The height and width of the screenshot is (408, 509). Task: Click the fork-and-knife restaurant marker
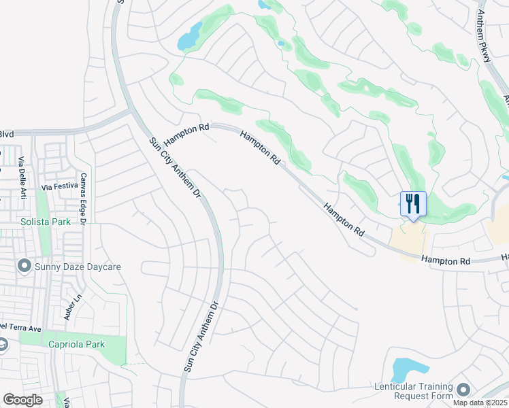(x=413, y=204)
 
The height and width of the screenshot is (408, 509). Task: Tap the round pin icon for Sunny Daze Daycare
(x=24, y=266)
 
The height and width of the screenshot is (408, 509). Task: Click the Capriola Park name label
(x=76, y=344)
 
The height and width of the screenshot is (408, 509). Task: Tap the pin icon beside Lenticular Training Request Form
(x=464, y=390)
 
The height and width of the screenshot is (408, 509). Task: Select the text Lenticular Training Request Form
(x=414, y=391)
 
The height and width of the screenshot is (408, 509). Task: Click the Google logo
(x=22, y=400)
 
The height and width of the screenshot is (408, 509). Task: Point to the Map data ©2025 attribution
(x=480, y=403)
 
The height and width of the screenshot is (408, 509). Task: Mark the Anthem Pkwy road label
(x=484, y=37)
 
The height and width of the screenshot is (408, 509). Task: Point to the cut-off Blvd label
(x=7, y=134)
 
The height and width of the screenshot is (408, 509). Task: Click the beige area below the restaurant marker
(x=408, y=241)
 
